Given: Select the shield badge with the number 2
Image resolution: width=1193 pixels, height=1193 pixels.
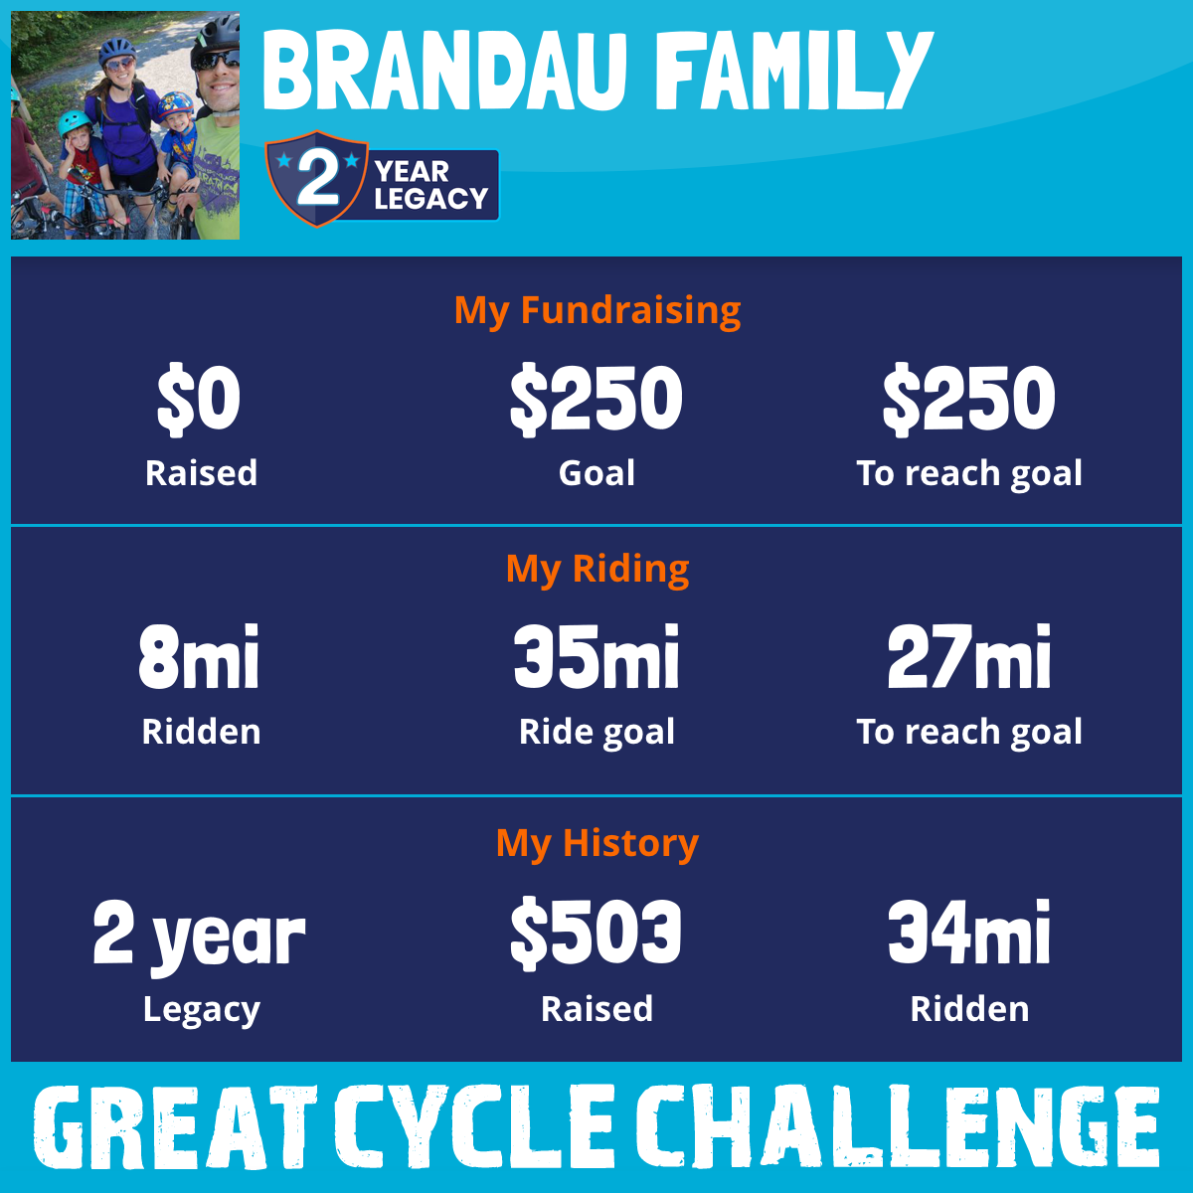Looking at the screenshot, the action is tap(317, 178).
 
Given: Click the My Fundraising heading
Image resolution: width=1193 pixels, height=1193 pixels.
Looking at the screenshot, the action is tap(597, 311).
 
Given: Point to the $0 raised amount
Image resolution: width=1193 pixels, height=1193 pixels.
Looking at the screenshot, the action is tap(199, 400).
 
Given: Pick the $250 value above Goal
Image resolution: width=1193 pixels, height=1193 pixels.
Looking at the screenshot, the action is tap(596, 400).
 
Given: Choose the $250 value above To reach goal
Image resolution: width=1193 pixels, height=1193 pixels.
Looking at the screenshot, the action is tap(969, 400).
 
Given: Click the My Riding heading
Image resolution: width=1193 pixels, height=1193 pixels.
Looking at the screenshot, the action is tap(597, 570).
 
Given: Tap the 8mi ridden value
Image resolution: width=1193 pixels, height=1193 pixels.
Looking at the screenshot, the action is tap(199, 656).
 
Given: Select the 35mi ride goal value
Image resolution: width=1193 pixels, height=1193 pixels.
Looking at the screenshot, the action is tap(596, 656).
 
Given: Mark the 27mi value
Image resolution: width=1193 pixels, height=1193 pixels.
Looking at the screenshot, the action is tap(969, 656).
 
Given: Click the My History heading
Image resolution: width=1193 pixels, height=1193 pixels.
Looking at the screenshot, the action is tap(597, 844).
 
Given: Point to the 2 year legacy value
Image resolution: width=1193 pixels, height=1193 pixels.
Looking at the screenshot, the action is tap(199, 937).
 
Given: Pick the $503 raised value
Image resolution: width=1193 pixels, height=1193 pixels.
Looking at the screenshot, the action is tap(596, 933).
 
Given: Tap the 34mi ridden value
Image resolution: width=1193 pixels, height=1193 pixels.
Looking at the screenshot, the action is tap(969, 932).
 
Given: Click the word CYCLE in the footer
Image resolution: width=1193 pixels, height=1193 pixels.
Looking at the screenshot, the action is tap(475, 1126).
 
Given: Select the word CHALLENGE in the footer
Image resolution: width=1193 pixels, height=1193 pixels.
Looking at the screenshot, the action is tap(898, 1126).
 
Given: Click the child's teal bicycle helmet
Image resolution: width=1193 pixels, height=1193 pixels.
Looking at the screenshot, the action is tap(74, 122).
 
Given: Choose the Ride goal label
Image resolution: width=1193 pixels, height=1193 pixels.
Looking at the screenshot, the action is tap(596, 733).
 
